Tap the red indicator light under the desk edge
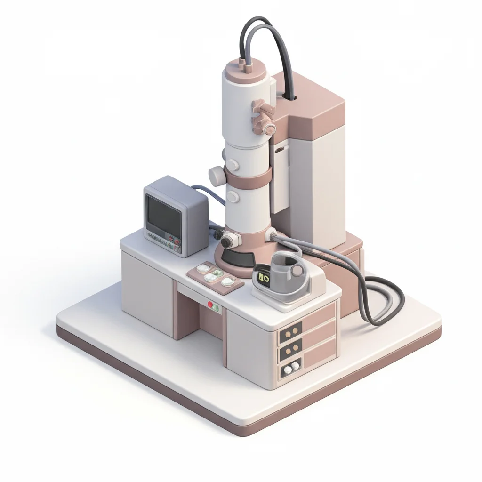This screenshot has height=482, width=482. (x=210, y=305)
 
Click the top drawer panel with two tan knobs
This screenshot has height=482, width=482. (x=290, y=332)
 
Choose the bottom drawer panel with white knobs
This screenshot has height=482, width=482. (x=290, y=368)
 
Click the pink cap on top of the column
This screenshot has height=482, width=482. (x=247, y=70)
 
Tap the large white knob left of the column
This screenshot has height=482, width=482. (x=217, y=176)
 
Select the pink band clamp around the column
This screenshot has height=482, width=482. (x=248, y=178)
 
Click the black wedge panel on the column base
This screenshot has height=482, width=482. (x=238, y=257)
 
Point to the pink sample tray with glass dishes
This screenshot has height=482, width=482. (x=215, y=276)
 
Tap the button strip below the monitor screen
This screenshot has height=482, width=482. (x=163, y=241)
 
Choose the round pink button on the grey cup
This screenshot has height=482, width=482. (x=298, y=270)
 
